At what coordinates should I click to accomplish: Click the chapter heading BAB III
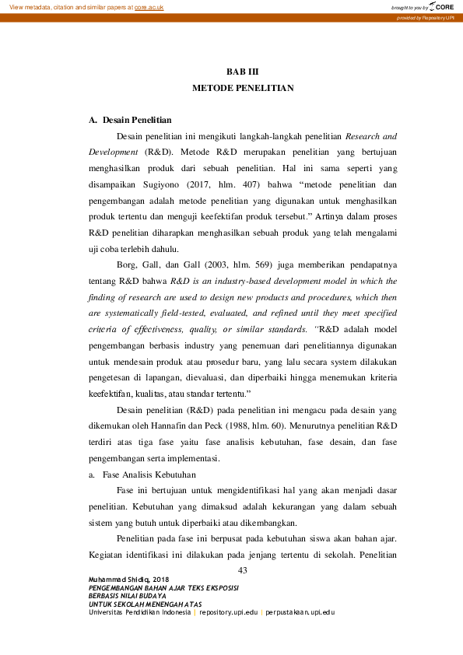(242, 72)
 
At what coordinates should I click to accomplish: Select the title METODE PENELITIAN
(243, 88)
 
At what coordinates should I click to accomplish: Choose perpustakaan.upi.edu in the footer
(300, 611)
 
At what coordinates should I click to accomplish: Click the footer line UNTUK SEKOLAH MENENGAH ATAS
(140, 604)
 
